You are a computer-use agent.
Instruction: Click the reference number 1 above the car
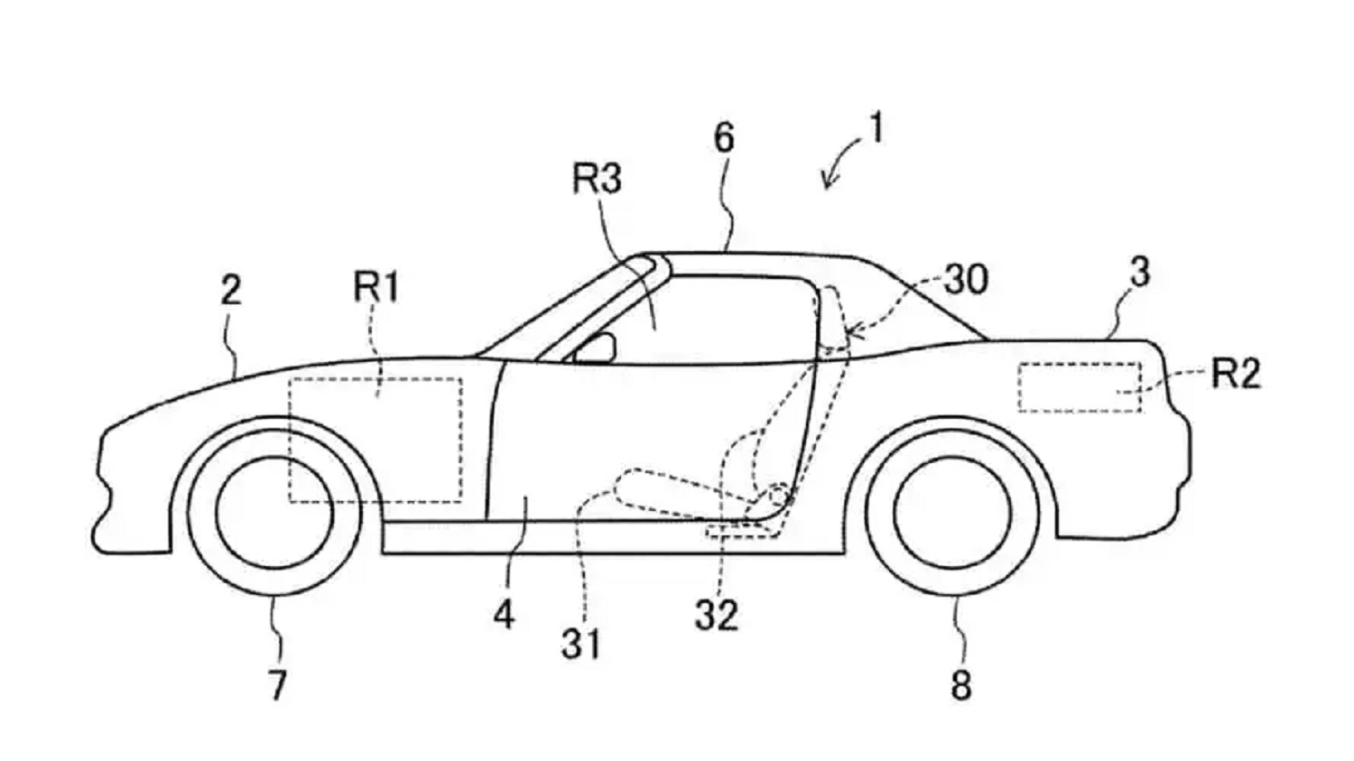click(x=875, y=127)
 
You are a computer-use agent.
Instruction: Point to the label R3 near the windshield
click(x=598, y=179)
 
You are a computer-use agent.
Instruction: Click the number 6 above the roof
click(x=724, y=137)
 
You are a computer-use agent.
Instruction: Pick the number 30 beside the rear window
click(x=967, y=279)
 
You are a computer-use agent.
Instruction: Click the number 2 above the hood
click(x=231, y=290)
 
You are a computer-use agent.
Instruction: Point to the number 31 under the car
click(x=581, y=644)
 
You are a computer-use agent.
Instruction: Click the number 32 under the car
click(x=717, y=616)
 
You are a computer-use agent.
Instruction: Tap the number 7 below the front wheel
click(x=276, y=685)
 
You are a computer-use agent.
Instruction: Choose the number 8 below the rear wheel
click(x=961, y=685)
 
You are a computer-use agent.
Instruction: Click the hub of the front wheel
click(x=274, y=513)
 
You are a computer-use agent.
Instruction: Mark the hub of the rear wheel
click(x=953, y=513)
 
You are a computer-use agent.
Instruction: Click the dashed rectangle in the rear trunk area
click(x=1080, y=387)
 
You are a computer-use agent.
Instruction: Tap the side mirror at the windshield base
click(x=595, y=348)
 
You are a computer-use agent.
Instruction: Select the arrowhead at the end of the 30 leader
click(x=853, y=331)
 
